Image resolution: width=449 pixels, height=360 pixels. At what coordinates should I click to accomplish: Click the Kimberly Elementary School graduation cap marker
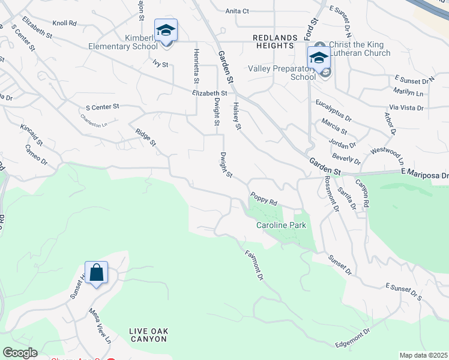click(x=166, y=30)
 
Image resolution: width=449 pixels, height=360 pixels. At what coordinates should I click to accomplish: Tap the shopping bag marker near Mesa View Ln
click(x=96, y=273)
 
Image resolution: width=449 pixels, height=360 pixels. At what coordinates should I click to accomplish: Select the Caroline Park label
click(x=282, y=225)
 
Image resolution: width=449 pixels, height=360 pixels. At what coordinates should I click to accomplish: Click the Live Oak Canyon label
click(x=148, y=335)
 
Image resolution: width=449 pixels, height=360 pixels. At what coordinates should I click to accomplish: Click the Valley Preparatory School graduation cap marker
click(x=319, y=58)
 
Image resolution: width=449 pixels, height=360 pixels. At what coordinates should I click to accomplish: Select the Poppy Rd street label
click(x=264, y=199)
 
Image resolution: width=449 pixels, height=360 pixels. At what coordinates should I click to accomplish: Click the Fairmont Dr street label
click(x=255, y=265)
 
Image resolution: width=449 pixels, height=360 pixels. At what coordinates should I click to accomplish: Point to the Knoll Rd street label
click(x=64, y=23)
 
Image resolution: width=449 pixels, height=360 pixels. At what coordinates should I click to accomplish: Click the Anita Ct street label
click(x=237, y=11)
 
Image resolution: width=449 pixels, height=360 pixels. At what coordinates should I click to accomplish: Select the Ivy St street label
click(x=160, y=63)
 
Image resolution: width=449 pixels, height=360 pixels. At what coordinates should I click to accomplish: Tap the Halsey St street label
click(x=237, y=116)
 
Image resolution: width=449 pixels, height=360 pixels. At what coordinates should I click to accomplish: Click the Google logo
click(x=20, y=353)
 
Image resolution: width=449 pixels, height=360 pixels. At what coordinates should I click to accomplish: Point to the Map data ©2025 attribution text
click(x=424, y=355)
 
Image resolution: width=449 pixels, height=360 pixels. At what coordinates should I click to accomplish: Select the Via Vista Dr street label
click(x=406, y=108)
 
